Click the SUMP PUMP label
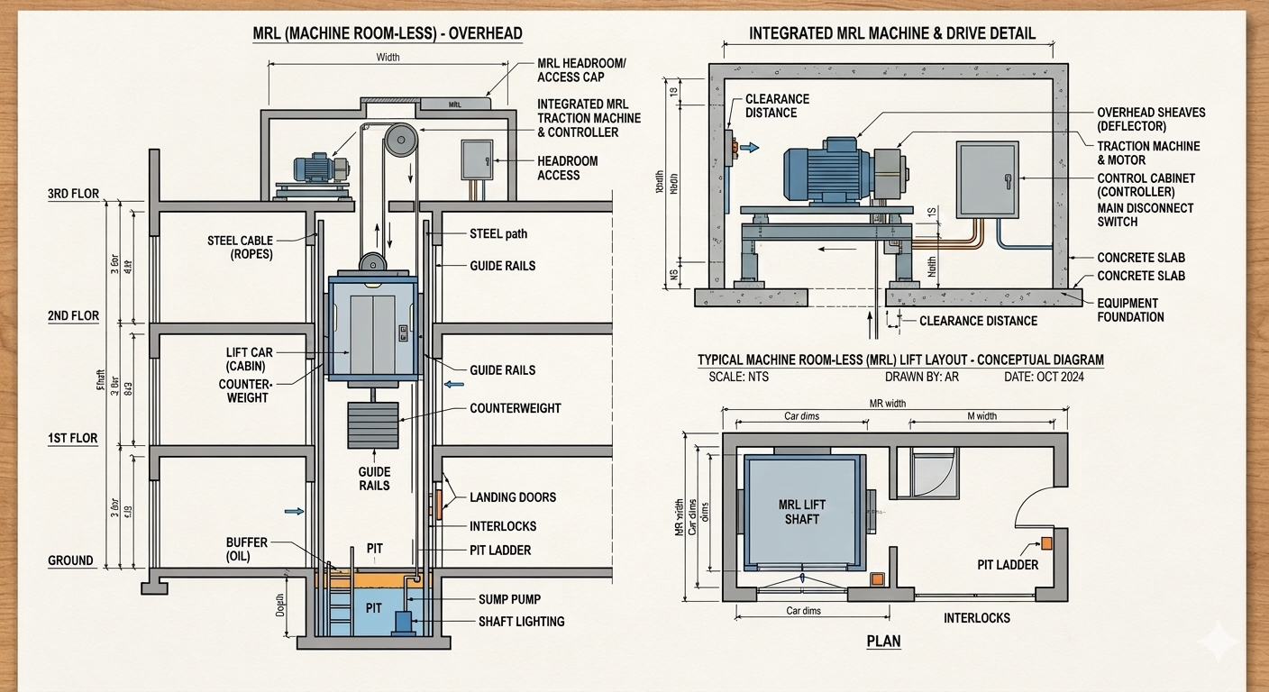point(509,599)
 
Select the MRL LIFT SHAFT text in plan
point(801,512)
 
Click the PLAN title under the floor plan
point(883,642)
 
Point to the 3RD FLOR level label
point(74,194)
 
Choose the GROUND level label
point(70,560)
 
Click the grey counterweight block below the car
point(372,424)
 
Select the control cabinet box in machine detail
point(988,179)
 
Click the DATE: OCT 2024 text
point(1044,377)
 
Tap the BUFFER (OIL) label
point(247,550)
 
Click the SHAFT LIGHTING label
point(521,621)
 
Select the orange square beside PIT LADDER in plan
point(1046,542)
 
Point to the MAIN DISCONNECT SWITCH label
point(1145,214)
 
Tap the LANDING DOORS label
point(513,497)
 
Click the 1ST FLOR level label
point(73,439)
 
